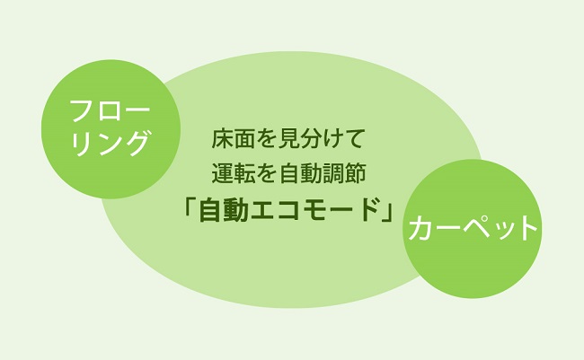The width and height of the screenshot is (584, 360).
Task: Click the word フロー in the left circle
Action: (111, 110)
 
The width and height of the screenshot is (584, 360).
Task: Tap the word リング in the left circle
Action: (111, 144)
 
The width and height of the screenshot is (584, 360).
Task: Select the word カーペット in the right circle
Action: (473, 227)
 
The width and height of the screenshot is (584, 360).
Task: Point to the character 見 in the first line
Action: (289, 138)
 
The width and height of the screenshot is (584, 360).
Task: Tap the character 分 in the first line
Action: (312, 138)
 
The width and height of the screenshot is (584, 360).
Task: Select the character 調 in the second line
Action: (332, 173)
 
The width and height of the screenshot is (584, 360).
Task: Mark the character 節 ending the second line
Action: (354, 173)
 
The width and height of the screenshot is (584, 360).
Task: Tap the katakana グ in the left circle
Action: (137, 144)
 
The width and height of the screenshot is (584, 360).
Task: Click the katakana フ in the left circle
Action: (82, 110)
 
